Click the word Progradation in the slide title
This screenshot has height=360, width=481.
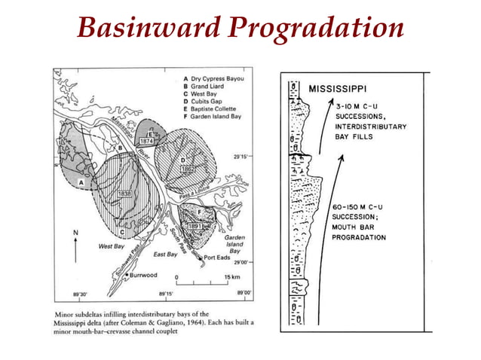pyautogui.click(x=317, y=29)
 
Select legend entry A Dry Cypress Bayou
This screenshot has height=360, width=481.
pyautogui.click(x=219, y=78)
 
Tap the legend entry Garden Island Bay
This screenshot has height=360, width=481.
pyautogui.click(x=219, y=117)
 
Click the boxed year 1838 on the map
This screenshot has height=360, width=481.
pyautogui.click(x=125, y=194)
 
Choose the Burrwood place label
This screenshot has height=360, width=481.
pyautogui.click(x=142, y=275)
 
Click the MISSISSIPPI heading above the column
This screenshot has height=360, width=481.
pyautogui.click(x=343, y=89)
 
